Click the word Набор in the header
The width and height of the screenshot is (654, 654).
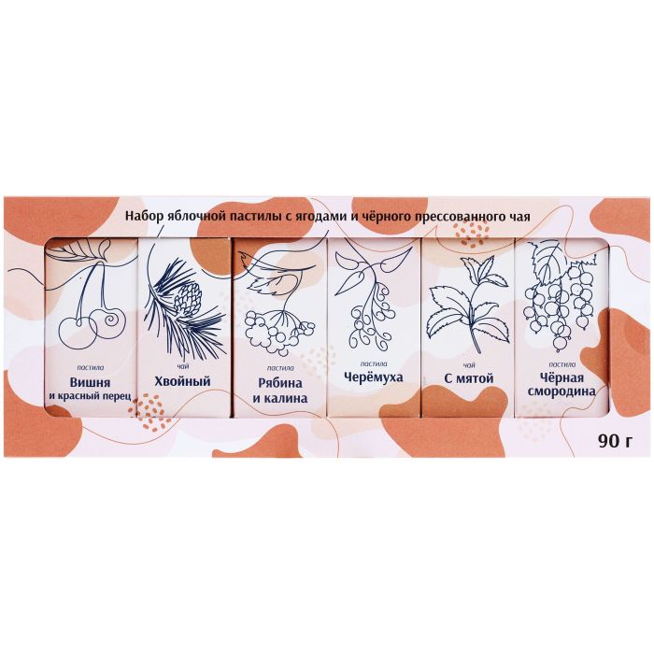(x=144, y=217)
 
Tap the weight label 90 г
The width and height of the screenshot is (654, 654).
(x=615, y=441)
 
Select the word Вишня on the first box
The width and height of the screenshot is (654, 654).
(x=90, y=382)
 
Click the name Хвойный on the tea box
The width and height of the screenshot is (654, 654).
(x=183, y=381)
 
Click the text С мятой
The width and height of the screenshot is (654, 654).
(x=468, y=378)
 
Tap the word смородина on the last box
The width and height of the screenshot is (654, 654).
(x=562, y=391)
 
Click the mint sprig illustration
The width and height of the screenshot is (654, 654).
(x=468, y=308)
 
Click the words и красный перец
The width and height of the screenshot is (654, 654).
(x=90, y=395)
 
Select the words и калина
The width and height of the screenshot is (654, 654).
(x=280, y=398)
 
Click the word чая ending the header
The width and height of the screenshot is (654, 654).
(x=520, y=218)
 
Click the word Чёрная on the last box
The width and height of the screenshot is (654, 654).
(x=562, y=377)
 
